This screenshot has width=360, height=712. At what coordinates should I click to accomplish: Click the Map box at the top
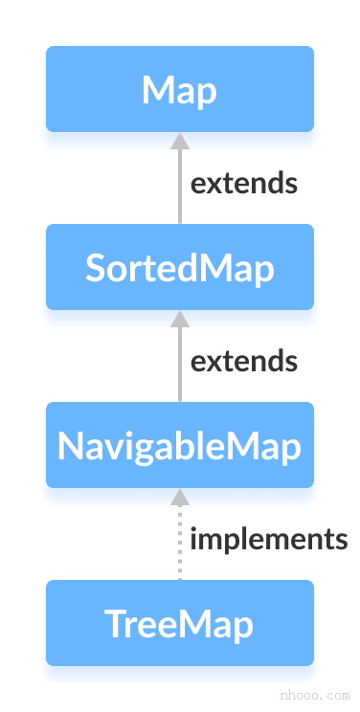coord(179,89)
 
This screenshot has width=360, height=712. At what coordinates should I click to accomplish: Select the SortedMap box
coord(179,267)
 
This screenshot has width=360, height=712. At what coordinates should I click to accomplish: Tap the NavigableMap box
coord(179,445)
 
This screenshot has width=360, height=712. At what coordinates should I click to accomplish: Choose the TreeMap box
coord(179,623)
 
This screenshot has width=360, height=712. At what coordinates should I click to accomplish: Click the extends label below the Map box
coord(244,183)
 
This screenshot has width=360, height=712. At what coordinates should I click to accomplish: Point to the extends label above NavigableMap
coord(244,361)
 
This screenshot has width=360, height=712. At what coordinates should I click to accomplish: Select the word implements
coord(268,539)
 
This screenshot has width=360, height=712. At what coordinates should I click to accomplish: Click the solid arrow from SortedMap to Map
coord(179,187)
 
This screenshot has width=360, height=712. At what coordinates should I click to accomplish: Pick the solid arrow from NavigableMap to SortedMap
coord(179,365)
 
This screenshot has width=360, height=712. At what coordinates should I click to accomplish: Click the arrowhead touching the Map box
coord(179,141)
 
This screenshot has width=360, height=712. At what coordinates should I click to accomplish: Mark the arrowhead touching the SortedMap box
coord(179,319)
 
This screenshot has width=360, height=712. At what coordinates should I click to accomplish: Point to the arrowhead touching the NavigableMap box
coord(179,497)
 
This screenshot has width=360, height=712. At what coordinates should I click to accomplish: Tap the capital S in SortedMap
coord(96,268)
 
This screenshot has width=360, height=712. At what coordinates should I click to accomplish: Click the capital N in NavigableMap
coord(70,446)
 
